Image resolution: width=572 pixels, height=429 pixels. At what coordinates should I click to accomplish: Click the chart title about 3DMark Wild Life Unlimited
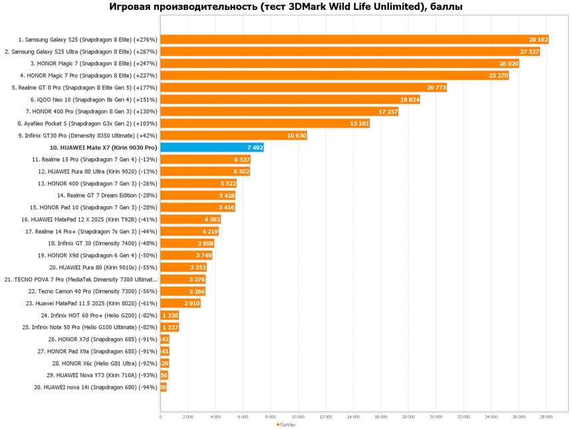[x=286, y=7]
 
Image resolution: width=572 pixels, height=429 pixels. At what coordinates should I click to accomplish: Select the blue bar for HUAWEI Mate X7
[x=212, y=147]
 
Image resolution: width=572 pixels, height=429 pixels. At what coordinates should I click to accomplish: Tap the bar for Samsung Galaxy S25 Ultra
[x=350, y=51]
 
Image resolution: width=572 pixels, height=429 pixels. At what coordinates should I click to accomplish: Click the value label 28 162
[x=538, y=39]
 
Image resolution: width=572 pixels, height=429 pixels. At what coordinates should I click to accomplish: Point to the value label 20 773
[x=436, y=87]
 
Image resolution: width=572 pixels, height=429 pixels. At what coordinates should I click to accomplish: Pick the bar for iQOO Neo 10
[x=290, y=99]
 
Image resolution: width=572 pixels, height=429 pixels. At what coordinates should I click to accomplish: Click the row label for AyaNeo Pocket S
[x=87, y=123]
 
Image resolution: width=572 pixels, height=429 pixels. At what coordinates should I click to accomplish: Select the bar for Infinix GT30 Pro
[x=233, y=135]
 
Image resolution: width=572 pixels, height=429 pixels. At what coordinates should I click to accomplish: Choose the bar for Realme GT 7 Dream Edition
[x=198, y=195]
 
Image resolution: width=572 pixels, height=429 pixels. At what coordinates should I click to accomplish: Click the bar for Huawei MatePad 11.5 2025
[x=180, y=303]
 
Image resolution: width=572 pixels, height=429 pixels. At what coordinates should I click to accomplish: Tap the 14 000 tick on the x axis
[x=353, y=416]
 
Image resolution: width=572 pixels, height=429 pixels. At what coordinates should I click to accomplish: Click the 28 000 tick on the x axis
[x=546, y=416]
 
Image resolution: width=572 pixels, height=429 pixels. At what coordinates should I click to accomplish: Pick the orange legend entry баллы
[x=286, y=424]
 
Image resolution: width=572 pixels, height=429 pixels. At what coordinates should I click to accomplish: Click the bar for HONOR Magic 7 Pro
[x=335, y=75]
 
